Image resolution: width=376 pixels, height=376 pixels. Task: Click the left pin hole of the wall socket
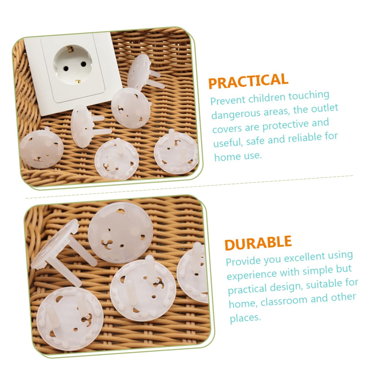pos(66,68)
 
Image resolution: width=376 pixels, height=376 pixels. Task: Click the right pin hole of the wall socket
pos(84,64)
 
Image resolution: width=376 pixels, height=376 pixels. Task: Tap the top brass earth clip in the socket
pos(70,48)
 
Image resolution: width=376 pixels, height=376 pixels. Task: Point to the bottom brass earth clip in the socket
pos(78,81)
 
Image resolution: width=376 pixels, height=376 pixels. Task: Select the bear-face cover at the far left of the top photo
pos(41,148)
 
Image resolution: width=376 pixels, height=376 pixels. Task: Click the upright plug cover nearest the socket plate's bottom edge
pos(86,126)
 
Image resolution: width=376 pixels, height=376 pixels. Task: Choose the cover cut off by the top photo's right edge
pos(176,152)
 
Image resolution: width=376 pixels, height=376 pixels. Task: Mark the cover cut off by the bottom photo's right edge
pos(193,273)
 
